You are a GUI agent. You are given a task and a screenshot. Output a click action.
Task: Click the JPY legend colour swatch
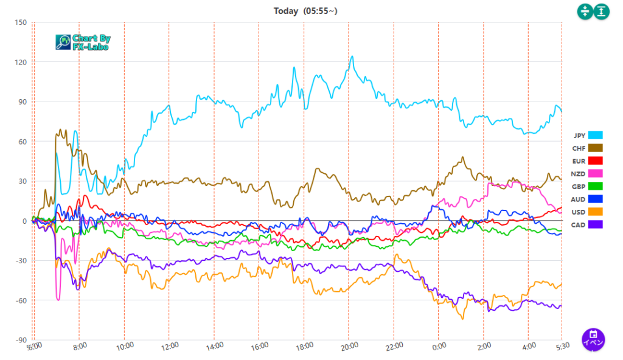[595, 135]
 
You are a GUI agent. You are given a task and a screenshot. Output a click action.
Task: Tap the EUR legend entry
[579, 161]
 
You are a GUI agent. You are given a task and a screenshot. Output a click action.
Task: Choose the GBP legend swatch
[595, 186]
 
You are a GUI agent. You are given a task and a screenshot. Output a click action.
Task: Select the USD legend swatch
[595, 212]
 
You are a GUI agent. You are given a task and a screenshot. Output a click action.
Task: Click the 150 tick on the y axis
[21, 23]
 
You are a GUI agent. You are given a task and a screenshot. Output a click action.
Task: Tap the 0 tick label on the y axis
[24, 221]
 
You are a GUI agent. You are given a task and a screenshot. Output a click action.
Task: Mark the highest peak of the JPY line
[352, 57]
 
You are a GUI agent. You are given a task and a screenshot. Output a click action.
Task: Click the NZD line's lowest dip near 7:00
[58, 299]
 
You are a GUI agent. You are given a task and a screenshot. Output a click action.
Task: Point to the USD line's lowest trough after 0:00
[463, 319]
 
